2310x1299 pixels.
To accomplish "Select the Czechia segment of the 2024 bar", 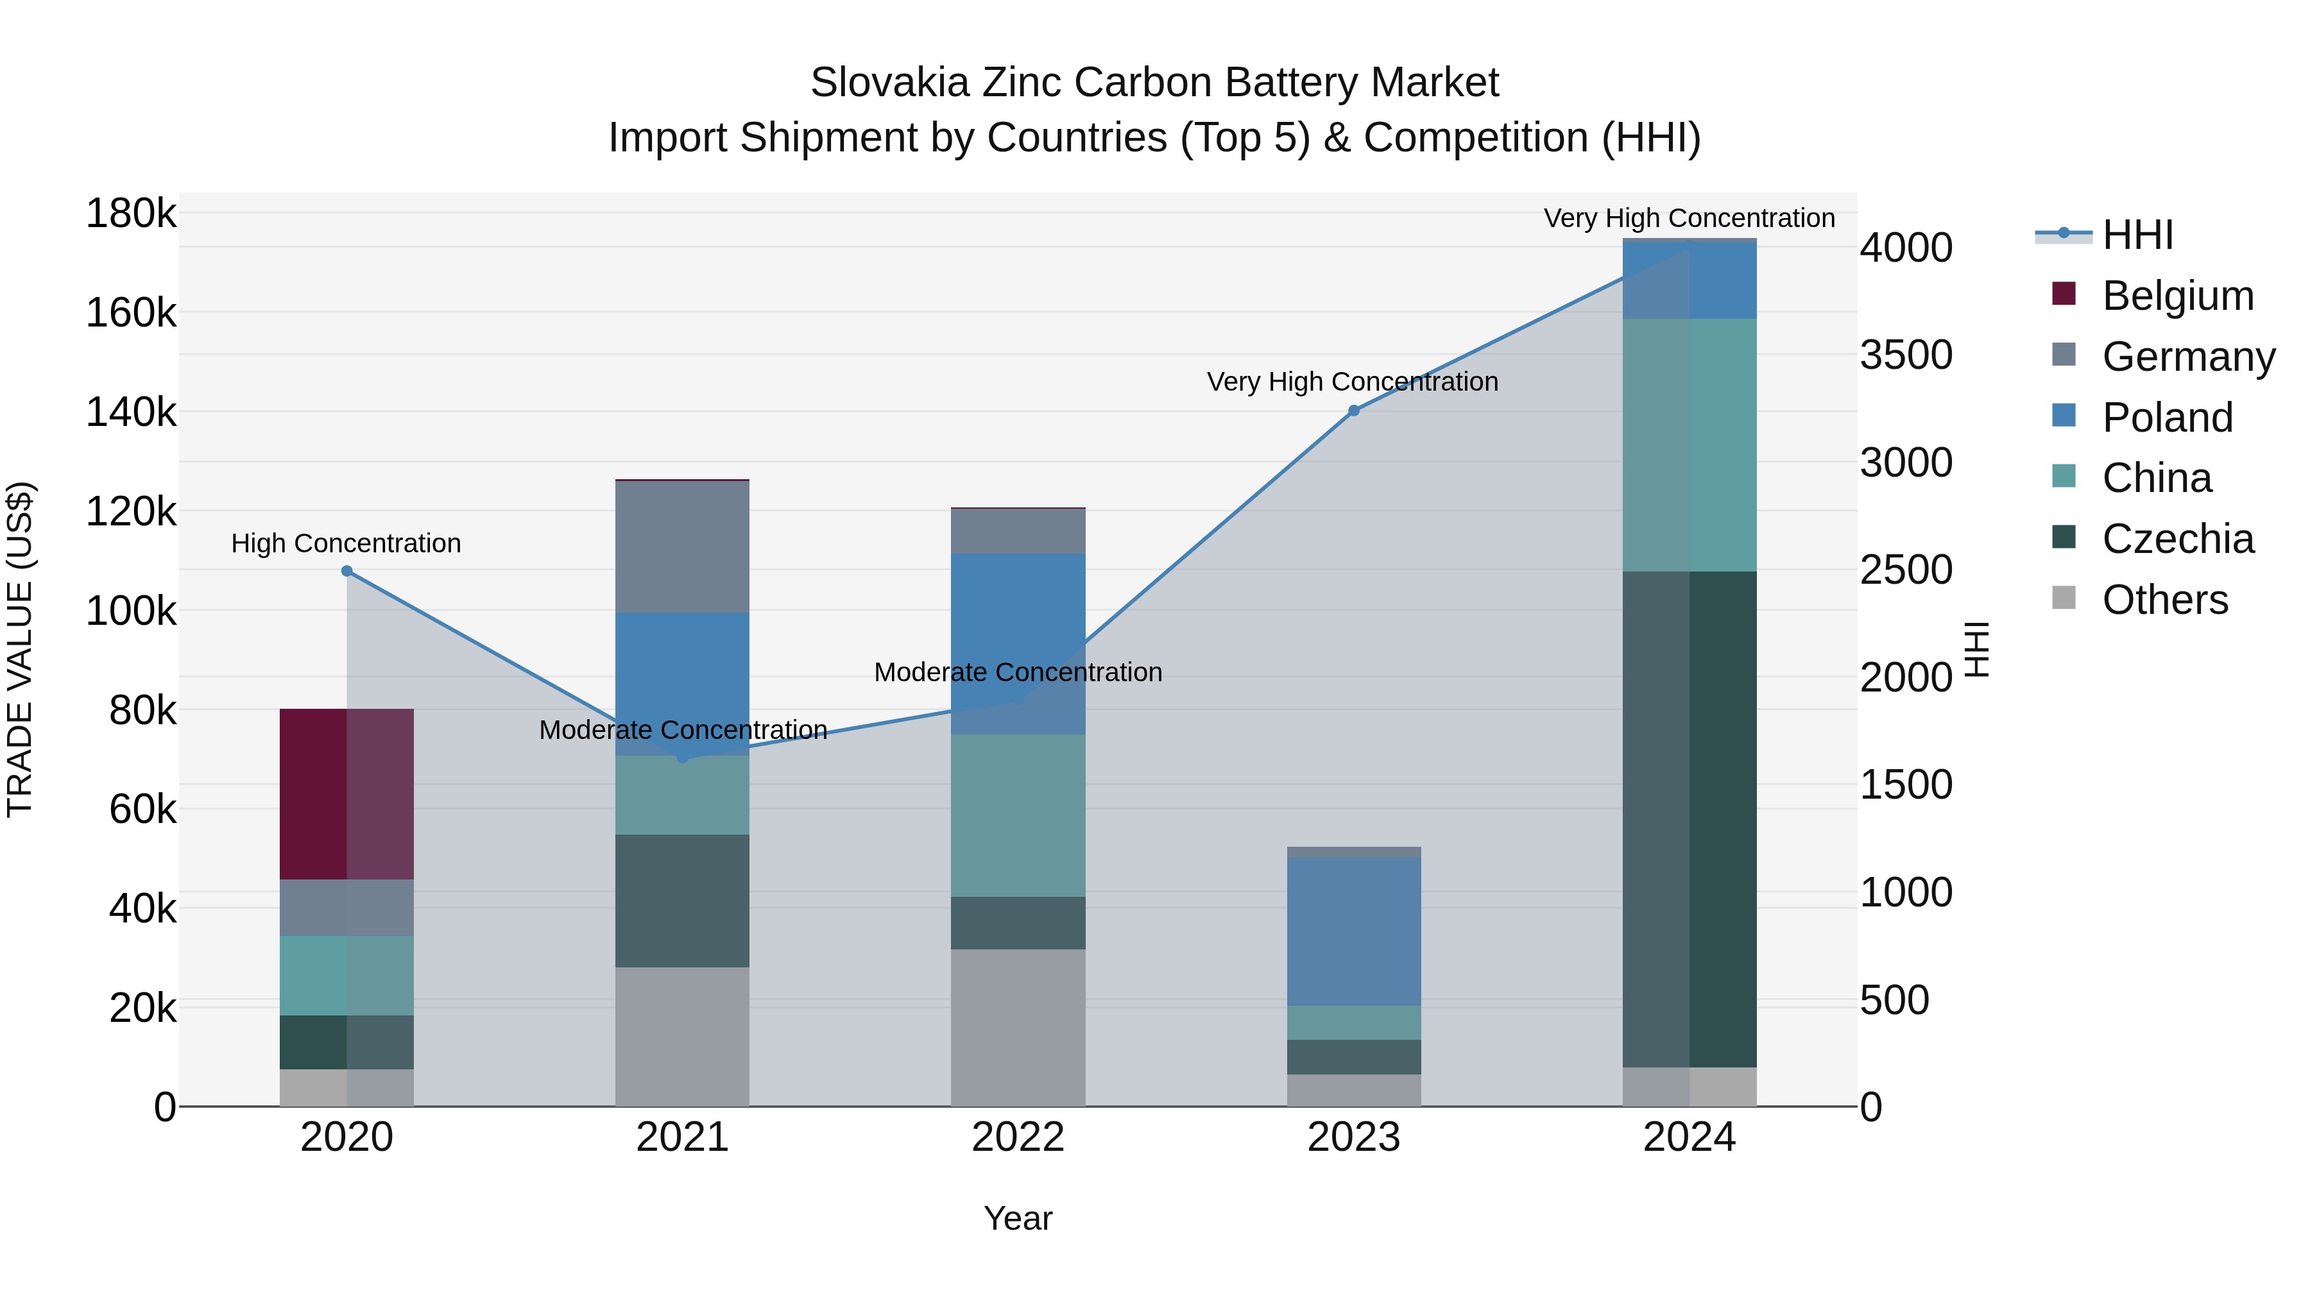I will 1690,819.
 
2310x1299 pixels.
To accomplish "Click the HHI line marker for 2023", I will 1354,411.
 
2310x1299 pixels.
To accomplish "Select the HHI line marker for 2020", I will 347,571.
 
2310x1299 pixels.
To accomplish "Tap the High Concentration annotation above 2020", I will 346,543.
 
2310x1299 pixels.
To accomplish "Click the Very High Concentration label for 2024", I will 1690,218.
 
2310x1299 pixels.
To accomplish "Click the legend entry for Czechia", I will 2177,539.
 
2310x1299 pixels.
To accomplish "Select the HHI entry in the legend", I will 2137,235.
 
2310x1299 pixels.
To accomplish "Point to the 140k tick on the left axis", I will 131,412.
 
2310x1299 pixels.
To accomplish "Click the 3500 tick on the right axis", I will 1906,355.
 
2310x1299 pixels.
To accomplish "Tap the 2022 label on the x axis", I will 1018,1137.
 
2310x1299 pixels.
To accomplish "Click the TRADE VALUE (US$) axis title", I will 20,649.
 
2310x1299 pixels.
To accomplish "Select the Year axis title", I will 1018,1218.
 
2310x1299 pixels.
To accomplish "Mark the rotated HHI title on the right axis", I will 1976,649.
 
